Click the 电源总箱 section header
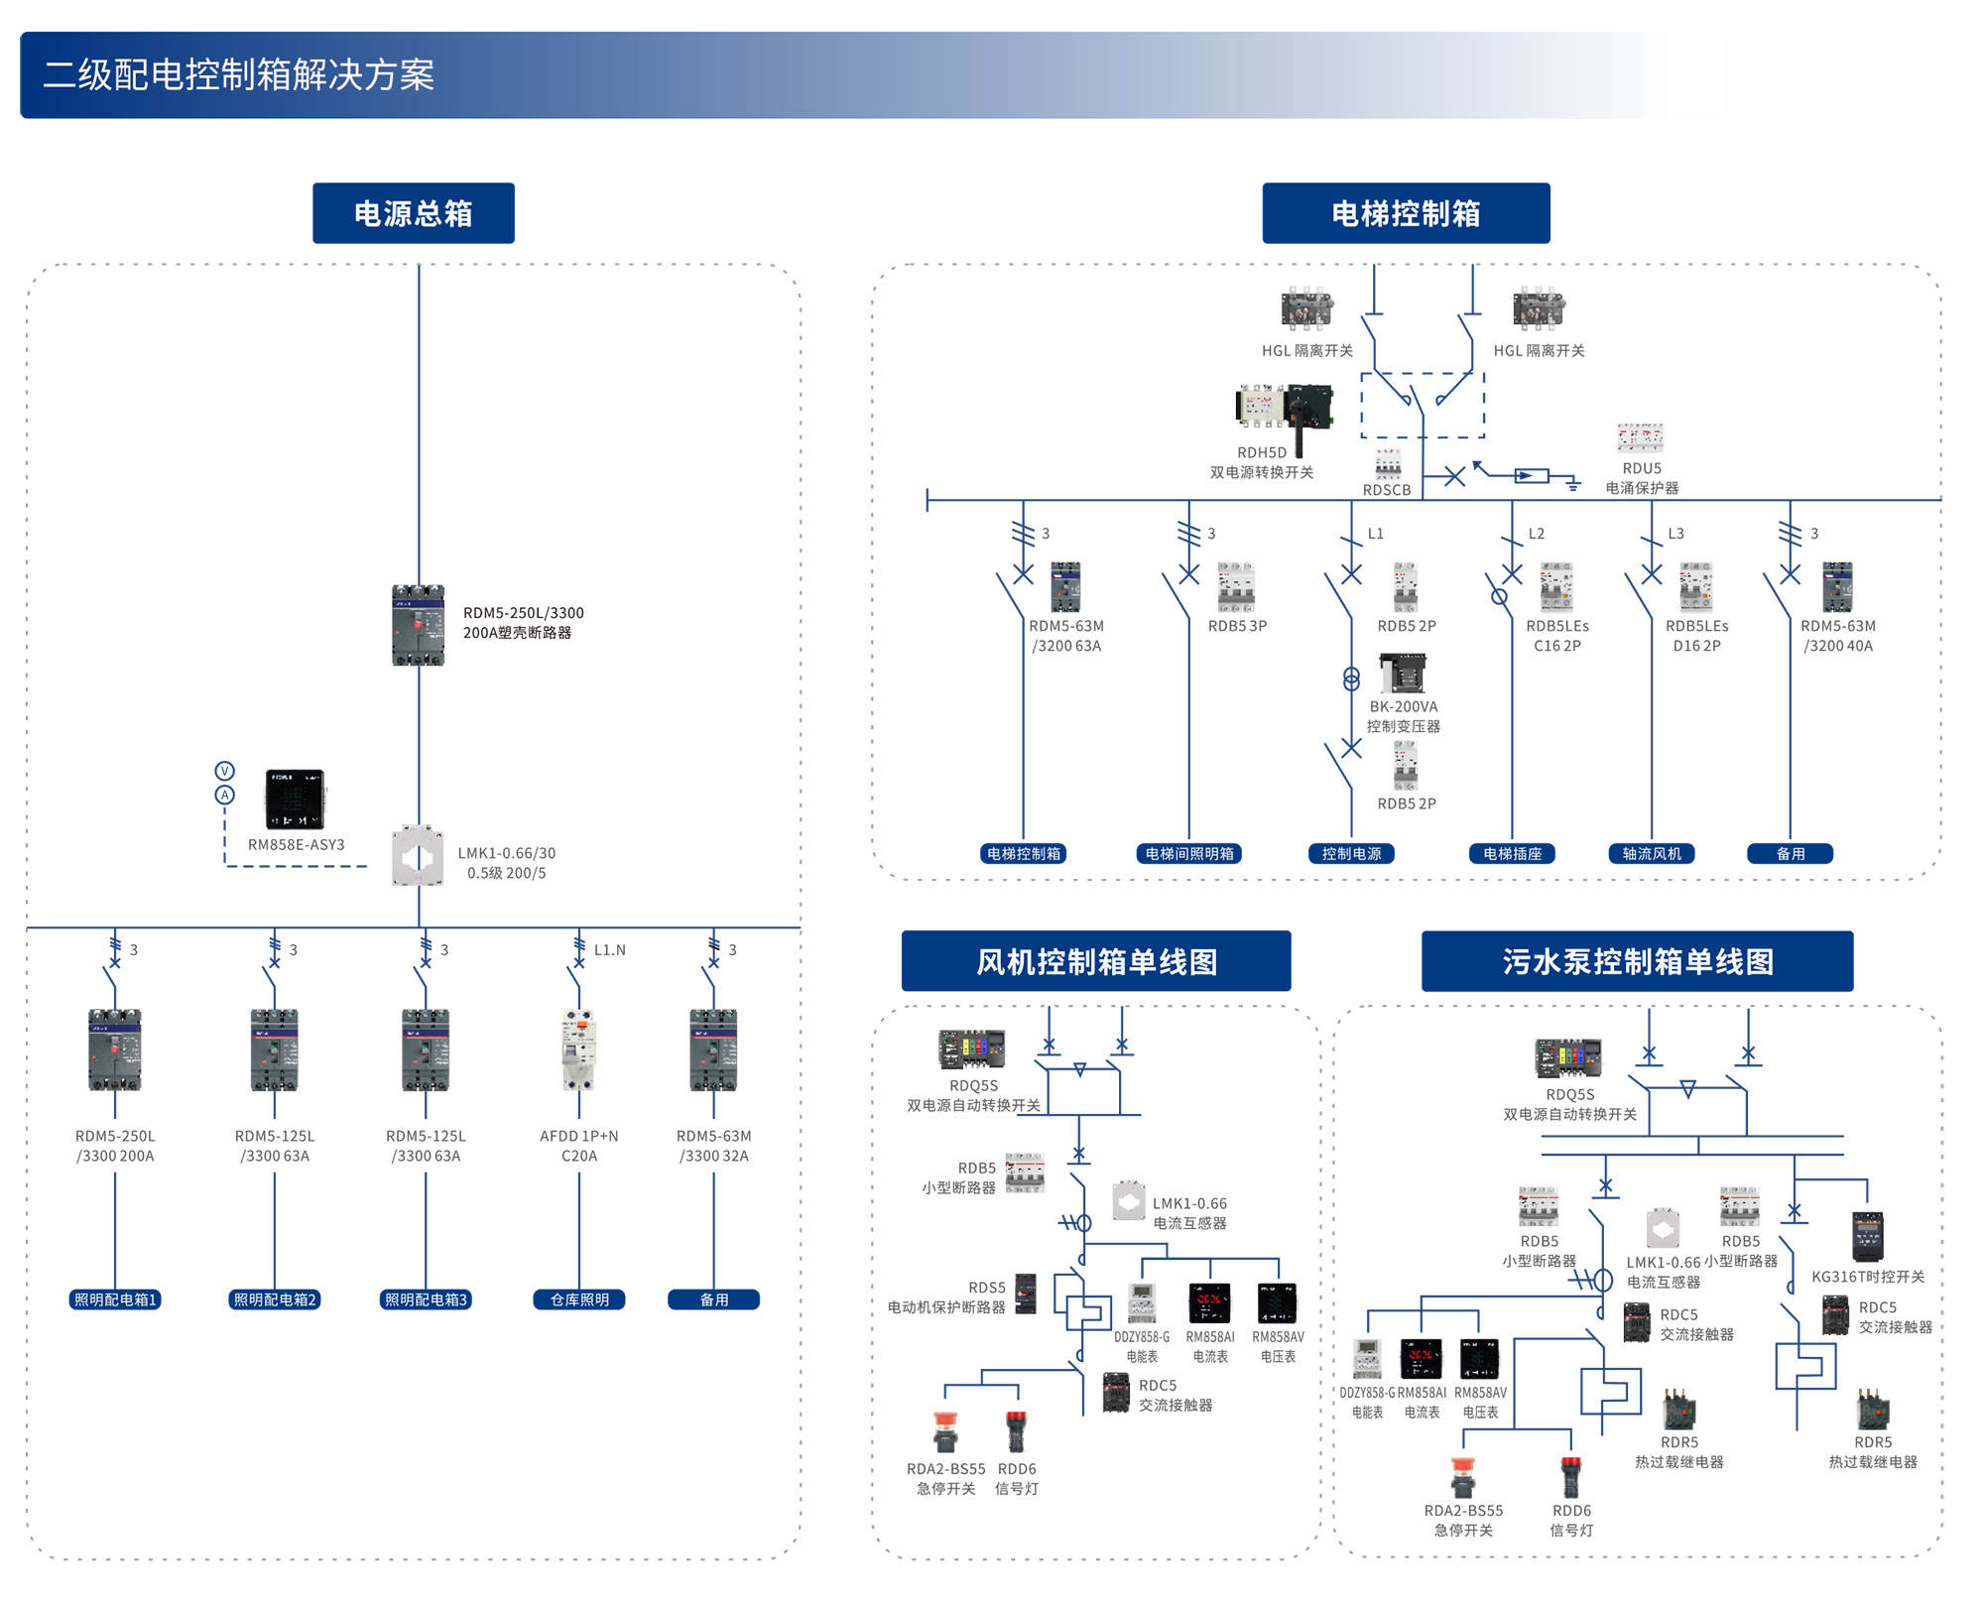413,213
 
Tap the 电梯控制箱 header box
1405,213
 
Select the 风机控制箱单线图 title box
1095,961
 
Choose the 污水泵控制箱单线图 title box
1637,961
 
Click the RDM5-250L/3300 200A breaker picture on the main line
418,625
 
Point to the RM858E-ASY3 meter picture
295,799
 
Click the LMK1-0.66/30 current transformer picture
418,855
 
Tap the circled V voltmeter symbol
225,771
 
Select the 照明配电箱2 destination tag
275,1299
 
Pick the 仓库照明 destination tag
579,1299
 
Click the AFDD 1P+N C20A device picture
578,1049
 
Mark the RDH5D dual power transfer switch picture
1285,412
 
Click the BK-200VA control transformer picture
1403,674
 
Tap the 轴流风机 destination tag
1652,853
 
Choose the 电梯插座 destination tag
1512,853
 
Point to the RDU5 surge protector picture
1640,437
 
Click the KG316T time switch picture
1867,1237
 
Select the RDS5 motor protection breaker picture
1026,1294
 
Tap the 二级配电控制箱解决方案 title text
238,75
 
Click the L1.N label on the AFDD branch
609,949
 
